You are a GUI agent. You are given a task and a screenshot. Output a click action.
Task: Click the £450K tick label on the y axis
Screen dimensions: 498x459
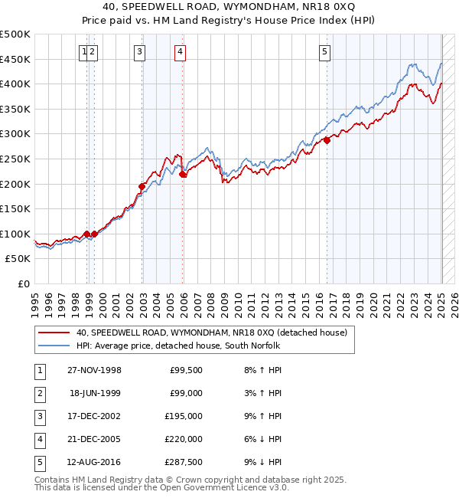pyautogui.click(x=16, y=59)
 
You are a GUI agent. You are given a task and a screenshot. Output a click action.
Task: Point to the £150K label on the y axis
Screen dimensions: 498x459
pyautogui.click(x=16, y=208)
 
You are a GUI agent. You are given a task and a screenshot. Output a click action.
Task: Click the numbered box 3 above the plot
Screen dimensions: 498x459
pyautogui.click(x=140, y=52)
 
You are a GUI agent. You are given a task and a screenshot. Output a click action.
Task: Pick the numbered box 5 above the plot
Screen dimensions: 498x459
pyautogui.click(x=325, y=52)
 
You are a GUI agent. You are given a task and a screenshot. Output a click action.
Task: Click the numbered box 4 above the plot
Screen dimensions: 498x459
pyautogui.click(x=180, y=52)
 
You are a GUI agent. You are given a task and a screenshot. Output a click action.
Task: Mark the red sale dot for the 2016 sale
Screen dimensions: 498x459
pyautogui.click(x=327, y=140)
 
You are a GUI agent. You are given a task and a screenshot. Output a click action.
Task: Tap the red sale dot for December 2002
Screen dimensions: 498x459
pyautogui.click(x=142, y=186)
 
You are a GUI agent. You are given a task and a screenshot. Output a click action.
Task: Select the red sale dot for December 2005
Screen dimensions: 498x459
pyautogui.click(x=183, y=174)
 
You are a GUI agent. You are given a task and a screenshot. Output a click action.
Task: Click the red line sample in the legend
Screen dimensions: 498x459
pyautogui.click(x=54, y=333)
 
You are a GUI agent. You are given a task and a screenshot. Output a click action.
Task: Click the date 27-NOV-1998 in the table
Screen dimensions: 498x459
pyautogui.click(x=94, y=370)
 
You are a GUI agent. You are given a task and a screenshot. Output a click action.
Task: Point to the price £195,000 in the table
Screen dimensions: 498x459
pyautogui.click(x=184, y=416)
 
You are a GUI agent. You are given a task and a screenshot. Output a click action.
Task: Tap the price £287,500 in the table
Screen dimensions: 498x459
pyautogui.click(x=184, y=462)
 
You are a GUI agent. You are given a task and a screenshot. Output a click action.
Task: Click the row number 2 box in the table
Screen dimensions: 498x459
pyautogui.click(x=38, y=393)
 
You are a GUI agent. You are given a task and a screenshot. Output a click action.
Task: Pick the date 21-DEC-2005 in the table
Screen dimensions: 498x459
pyautogui.click(x=94, y=439)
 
